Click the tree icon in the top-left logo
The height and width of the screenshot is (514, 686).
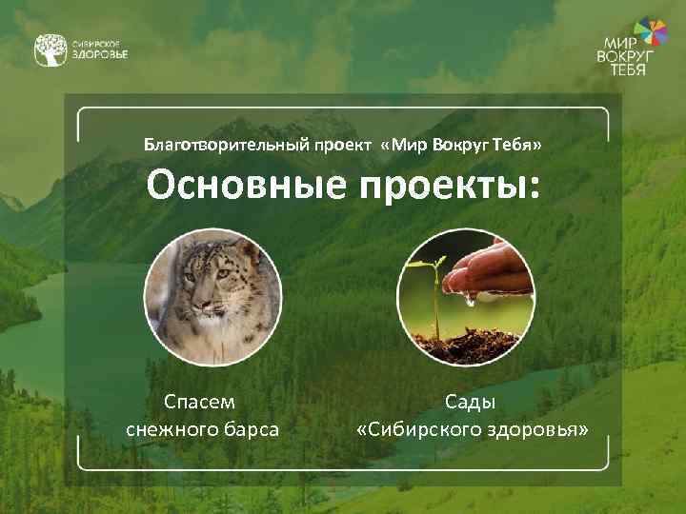50,50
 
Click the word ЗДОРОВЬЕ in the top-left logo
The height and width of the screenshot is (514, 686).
100,55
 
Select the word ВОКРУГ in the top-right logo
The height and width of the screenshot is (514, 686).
625,57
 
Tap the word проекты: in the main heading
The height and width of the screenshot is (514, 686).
449,186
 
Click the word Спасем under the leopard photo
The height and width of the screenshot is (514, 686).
201,403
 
